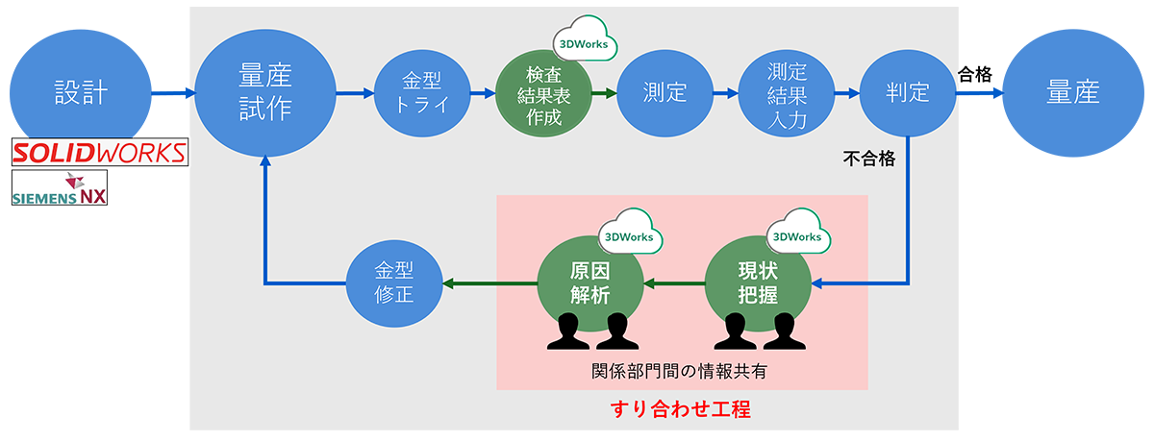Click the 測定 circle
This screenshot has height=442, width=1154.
click(x=665, y=93)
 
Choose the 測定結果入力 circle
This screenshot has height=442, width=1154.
click(x=787, y=93)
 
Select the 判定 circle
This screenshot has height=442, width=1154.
click(x=908, y=93)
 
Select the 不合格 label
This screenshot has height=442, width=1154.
click(x=869, y=160)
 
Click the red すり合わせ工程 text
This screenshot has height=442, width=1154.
click(x=681, y=409)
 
